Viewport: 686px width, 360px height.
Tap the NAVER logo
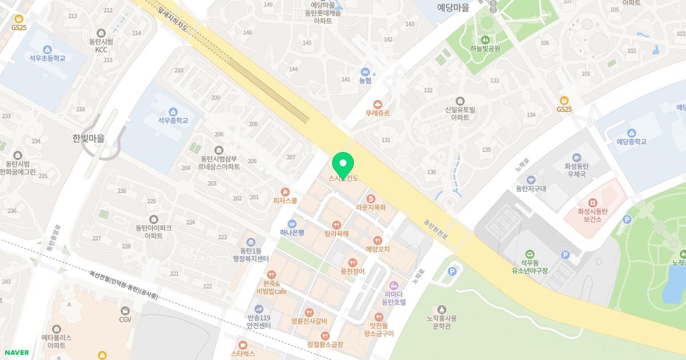(17, 353)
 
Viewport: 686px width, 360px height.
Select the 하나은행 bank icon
(292, 223)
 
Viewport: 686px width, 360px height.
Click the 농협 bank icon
(365, 72)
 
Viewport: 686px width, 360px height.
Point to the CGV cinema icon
(125, 310)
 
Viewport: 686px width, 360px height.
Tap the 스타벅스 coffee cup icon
(243, 345)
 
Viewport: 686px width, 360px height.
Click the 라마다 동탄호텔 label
(393, 298)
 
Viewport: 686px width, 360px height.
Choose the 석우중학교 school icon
(173, 111)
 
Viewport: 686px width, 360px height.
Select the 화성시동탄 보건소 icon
(593, 203)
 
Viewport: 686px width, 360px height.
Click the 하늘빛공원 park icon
(485, 39)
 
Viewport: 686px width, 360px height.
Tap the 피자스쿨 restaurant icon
(285, 192)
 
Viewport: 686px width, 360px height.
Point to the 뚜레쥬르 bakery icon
(377, 104)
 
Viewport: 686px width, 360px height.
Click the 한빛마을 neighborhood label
(89, 138)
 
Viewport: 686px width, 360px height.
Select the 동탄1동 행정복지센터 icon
(250, 242)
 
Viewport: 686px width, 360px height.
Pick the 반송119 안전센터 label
(259, 321)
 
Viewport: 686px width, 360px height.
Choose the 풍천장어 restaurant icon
(352, 262)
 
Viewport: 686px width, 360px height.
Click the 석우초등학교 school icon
(47, 50)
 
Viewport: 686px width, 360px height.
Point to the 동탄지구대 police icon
(531, 179)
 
